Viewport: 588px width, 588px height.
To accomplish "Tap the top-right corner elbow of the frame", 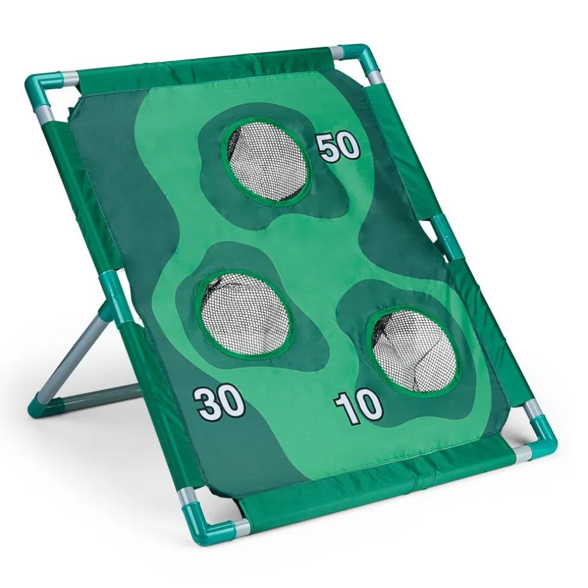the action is (x=360, y=59).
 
